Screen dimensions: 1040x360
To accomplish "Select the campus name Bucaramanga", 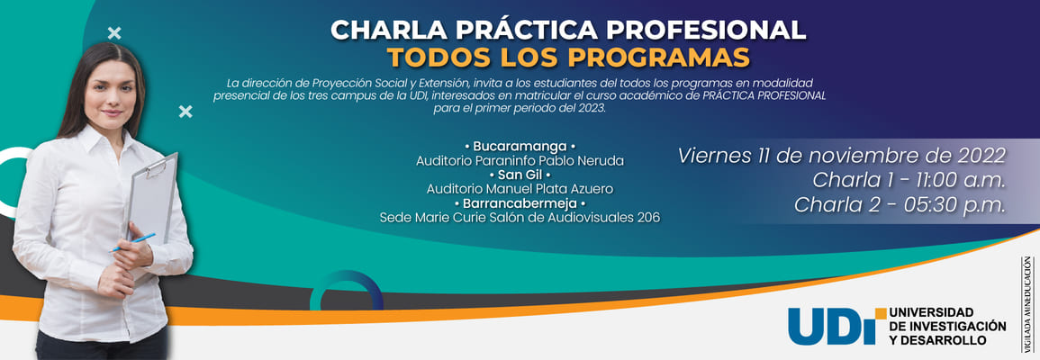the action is tap(520, 147).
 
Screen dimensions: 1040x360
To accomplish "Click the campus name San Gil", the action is tap(520, 175).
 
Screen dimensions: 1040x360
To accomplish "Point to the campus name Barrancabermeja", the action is tap(520, 202).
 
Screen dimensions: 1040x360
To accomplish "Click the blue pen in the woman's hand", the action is tap(132, 243).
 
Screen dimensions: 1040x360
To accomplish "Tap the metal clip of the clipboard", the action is tap(155, 167).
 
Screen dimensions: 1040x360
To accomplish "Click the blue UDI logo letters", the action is tap(832, 326).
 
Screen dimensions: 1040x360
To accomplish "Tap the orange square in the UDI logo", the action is tap(881, 313).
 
